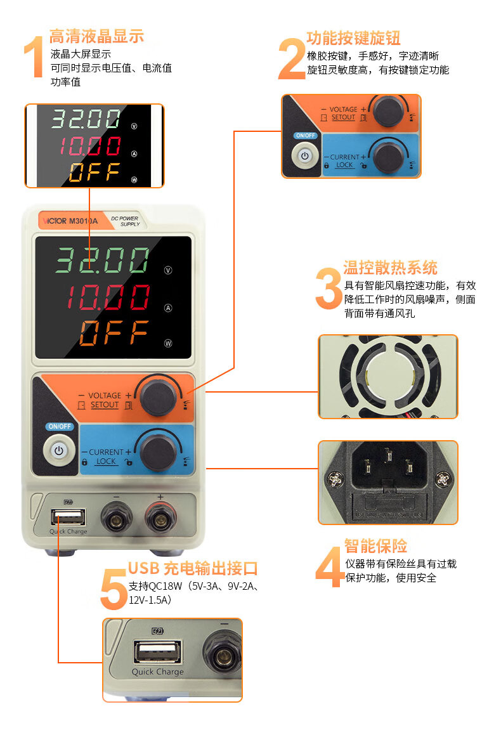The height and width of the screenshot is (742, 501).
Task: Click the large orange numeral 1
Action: [34, 57]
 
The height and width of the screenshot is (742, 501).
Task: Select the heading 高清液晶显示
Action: [96, 36]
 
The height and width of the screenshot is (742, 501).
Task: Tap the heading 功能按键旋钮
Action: [353, 38]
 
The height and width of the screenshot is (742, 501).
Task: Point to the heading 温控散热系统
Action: [390, 268]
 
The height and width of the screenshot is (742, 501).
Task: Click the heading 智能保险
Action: [375, 545]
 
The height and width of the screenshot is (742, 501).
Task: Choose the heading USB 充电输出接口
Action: [193, 568]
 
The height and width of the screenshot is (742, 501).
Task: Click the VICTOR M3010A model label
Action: [70, 221]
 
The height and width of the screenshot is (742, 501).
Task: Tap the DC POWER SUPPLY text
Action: [126, 221]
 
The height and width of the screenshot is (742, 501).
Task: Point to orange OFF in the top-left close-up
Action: [94, 172]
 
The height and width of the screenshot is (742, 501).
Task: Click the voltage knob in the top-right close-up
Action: [388, 111]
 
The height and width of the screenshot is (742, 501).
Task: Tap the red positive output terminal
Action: [161, 519]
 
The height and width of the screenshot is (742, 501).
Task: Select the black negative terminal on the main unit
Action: [117, 519]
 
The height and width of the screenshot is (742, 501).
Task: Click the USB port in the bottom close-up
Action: [157, 652]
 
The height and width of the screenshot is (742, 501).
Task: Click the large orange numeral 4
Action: [329, 567]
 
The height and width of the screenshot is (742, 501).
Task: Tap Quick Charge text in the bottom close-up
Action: [157, 672]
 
